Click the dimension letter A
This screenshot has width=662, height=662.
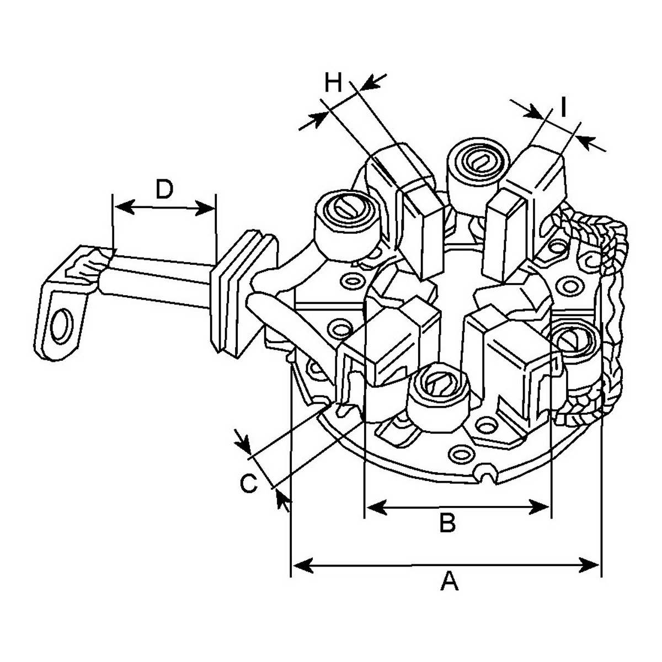(x=449, y=580)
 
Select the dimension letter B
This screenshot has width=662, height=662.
(x=447, y=522)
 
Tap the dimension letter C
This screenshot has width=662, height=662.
(x=248, y=483)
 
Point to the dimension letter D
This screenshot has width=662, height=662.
(x=164, y=189)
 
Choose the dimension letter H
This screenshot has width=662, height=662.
(x=333, y=82)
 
